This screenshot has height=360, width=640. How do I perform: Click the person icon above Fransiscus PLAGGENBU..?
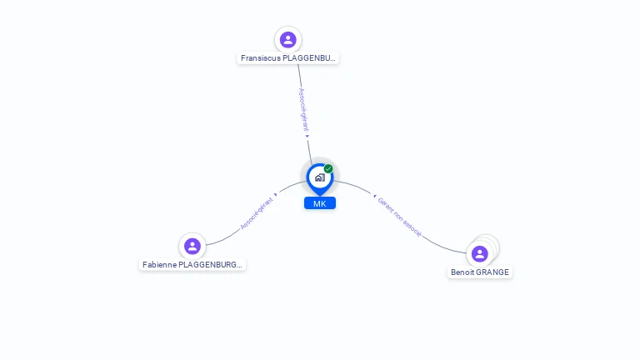[288, 40]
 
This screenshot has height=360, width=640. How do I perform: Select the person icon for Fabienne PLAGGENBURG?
[192, 246]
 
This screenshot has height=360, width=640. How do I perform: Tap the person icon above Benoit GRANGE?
[479, 253]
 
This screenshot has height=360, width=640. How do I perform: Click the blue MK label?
[320, 203]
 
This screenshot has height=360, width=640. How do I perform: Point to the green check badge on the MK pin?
[328, 169]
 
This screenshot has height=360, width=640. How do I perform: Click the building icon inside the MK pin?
[319, 177]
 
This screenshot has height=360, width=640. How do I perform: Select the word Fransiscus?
[260, 58]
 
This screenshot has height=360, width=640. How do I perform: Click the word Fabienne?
[159, 264]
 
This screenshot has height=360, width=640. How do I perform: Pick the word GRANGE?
[492, 272]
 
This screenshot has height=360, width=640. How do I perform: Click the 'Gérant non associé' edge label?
[400, 217]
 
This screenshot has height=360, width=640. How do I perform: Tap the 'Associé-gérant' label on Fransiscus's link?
[303, 110]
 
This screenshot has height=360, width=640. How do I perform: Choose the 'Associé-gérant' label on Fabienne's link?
[256, 213]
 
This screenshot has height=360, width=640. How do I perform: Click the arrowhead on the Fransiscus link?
[307, 136]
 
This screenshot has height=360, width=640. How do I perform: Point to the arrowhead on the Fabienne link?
[275, 195]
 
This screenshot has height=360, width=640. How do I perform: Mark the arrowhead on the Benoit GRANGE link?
[374, 197]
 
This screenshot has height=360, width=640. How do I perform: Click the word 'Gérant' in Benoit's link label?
[386, 206]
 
